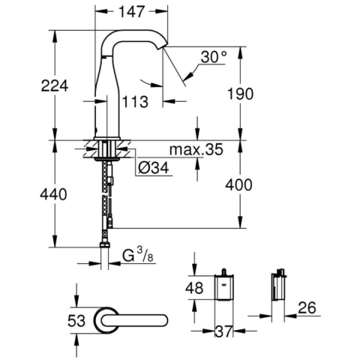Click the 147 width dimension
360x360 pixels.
pos(132,11)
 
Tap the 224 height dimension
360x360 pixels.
pos(55,85)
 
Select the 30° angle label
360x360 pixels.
pos(214,57)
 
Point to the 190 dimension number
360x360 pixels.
pos(240,94)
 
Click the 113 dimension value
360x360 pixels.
pos(135,102)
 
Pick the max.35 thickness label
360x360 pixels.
pos(196,149)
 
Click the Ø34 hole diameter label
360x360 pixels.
pos(154,167)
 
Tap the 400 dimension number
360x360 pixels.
pos(238,185)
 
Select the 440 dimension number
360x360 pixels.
pos(53,194)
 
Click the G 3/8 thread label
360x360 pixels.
pos(138,255)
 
